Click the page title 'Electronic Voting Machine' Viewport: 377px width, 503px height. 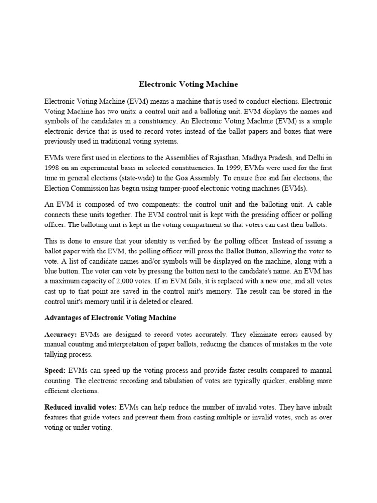point(188,84)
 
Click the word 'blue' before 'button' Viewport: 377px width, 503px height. point(53,271)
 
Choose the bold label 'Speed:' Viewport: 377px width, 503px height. point(55,370)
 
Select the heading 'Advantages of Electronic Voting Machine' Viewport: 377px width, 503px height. point(110,318)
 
